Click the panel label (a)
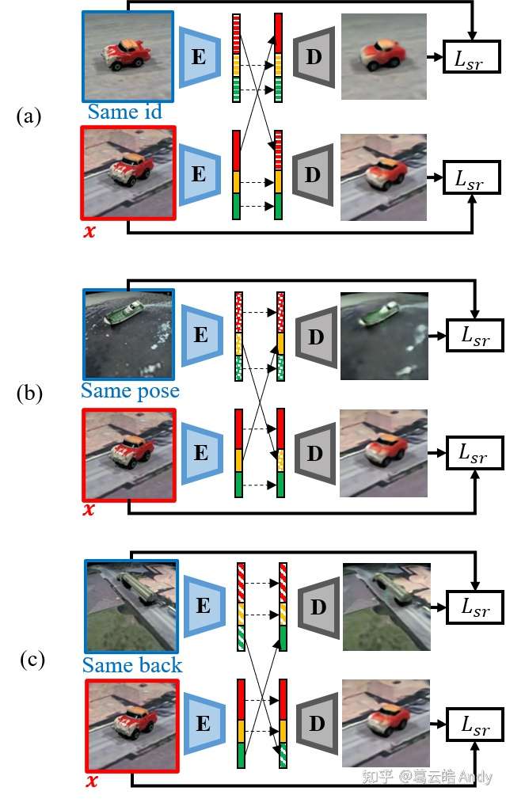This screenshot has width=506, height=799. tap(29, 116)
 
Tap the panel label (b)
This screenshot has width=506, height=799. tap(29, 394)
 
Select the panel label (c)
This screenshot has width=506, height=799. tap(32, 660)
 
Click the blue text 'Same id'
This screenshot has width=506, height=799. tap(124, 112)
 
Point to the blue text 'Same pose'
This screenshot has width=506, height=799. tap(131, 391)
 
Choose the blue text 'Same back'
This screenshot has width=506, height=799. tap(132, 665)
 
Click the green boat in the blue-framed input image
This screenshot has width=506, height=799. tap(122, 312)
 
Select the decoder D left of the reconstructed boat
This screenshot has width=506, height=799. tap(317, 337)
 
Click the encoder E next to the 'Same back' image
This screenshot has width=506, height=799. tap(204, 606)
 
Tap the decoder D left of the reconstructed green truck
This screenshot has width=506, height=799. tap(318, 607)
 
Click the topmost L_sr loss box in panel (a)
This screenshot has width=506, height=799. tap(471, 56)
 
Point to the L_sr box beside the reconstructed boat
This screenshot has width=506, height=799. tap(475, 335)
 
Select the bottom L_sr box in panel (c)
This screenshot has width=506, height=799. tap(475, 725)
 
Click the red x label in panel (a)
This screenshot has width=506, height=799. tap(89, 231)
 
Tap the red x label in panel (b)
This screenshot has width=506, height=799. tap(89, 508)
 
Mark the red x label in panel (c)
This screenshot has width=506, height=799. tap(92, 780)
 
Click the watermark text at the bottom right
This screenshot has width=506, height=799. tap(427, 776)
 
